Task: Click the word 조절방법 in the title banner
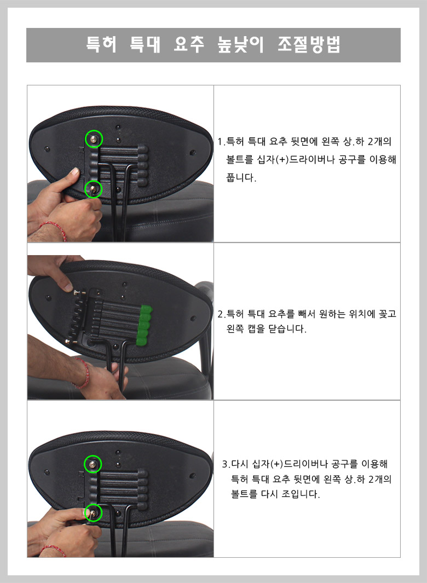tap(309, 45)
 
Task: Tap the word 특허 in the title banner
tap(101, 44)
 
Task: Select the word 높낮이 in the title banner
tap(241, 45)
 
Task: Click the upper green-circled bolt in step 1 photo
tap(94, 139)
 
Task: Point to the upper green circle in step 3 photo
tap(93, 456)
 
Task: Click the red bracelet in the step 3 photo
tap(53, 550)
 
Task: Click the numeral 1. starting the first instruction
tap(221, 142)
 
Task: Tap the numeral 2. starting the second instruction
tap(222, 314)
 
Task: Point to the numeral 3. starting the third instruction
tap(226, 464)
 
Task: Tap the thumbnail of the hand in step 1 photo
tap(75, 171)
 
